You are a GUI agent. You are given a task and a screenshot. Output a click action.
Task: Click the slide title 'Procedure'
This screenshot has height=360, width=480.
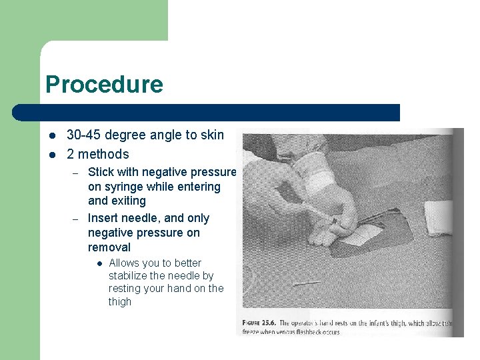click(104, 85)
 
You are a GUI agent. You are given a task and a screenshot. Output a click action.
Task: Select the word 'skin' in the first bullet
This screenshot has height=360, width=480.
click(212, 135)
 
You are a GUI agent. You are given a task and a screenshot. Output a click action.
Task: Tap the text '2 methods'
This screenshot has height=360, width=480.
click(97, 154)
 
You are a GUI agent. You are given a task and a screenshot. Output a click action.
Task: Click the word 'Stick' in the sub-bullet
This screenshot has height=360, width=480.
click(101, 172)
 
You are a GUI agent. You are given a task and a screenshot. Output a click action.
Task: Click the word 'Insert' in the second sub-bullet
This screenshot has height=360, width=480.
click(103, 218)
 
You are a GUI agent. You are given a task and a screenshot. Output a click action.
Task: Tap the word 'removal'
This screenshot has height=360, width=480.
click(109, 247)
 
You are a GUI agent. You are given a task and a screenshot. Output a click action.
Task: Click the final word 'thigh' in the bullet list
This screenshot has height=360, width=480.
click(120, 301)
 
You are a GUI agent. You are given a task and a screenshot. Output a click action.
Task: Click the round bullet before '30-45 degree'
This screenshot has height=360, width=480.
click(52, 135)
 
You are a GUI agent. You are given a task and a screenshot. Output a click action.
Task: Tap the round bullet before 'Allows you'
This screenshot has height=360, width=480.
click(98, 263)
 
